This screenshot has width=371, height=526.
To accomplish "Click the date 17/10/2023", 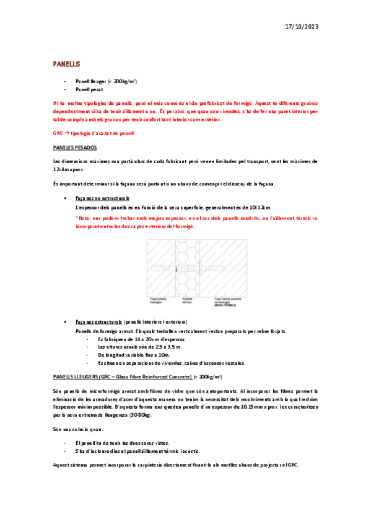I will pyautogui.click(x=302, y=27).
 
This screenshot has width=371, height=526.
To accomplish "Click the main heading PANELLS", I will pyautogui.click(x=67, y=64).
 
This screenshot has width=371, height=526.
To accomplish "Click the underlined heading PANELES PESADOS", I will pyautogui.click(x=74, y=147).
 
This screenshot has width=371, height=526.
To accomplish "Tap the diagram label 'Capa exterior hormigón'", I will pyautogui.click(x=159, y=300).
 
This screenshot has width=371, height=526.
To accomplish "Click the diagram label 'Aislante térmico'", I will pyautogui.click(x=188, y=300).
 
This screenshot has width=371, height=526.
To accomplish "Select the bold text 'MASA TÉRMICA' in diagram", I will pyautogui.click(x=224, y=305).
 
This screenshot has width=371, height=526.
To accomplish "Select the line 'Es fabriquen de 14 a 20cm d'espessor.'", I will pyautogui.click(x=141, y=340).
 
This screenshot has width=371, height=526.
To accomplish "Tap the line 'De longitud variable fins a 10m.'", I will pyautogui.click(x=134, y=355).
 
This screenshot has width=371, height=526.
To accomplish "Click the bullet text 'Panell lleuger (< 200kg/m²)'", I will pyautogui.click(x=106, y=81).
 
